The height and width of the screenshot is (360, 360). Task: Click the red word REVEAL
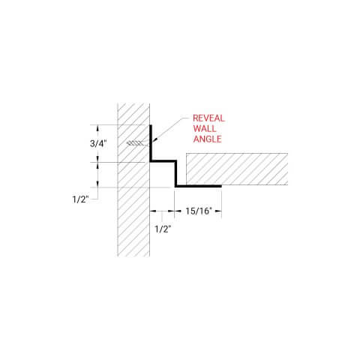[208, 118]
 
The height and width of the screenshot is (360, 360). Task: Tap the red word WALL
[204, 128]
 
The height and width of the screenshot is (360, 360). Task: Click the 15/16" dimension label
[199, 211]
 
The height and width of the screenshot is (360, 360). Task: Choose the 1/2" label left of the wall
[81, 199]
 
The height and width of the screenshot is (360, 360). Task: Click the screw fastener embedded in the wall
[136, 143]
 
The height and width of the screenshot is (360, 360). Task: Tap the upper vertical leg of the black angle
[151, 142]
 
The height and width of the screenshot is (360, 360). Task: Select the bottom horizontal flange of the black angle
[199, 185]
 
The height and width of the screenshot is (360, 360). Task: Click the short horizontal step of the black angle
[163, 160]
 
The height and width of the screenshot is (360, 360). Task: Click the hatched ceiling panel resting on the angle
[236, 169]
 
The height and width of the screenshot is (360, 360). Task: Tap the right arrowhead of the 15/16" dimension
[220, 211]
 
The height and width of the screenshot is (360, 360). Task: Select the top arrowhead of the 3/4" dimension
[98, 127]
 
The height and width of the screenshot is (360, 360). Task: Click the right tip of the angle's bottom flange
[221, 185]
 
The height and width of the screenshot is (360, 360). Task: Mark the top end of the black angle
[151, 125]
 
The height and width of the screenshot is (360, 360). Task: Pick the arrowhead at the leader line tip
[153, 140]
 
